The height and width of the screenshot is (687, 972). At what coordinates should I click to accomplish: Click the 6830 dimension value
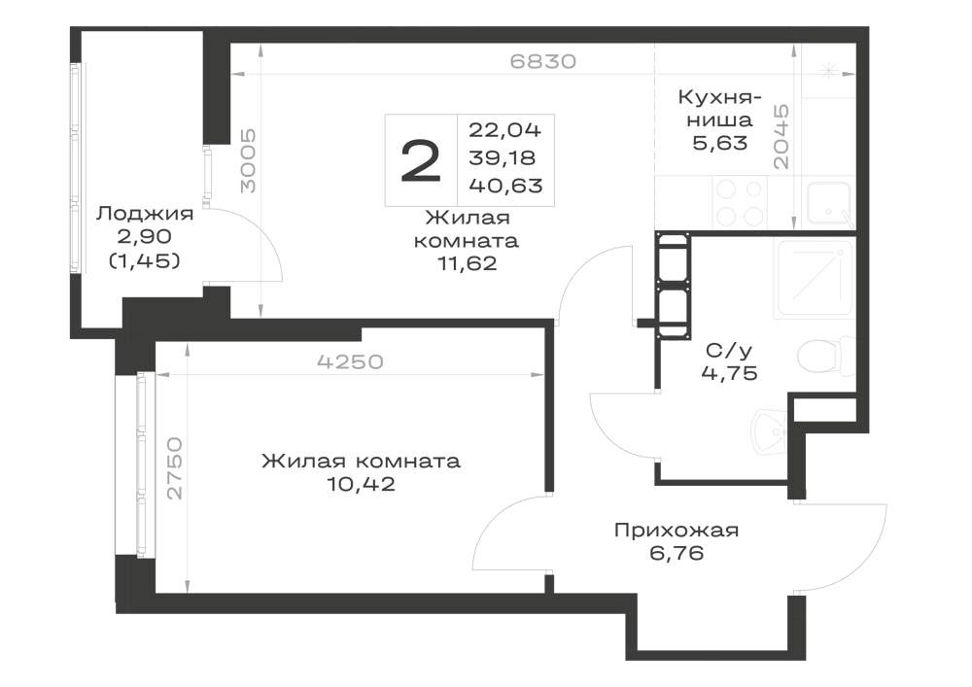(x=543, y=61)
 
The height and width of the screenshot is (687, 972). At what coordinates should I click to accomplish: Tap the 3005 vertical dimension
(x=248, y=160)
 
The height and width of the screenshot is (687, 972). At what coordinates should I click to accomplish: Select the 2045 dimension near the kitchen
(x=781, y=136)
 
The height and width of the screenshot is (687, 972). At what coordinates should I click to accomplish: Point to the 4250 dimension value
(x=350, y=361)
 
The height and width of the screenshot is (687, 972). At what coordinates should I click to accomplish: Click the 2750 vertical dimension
(x=175, y=467)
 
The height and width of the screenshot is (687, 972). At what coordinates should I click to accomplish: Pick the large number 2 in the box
(x=421, y=161)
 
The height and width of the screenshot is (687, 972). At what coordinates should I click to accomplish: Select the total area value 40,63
(x=505, y=185)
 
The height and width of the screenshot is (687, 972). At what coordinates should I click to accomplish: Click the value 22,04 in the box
(x=504, y=129)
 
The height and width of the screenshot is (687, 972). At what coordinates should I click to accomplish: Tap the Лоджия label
(x=145, y=214)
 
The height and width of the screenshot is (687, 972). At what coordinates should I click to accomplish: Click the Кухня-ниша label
(x=719, y=108)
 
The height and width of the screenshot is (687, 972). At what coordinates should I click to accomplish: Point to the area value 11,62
(x=468, y=264)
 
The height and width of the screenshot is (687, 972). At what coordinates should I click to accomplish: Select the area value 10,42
(x=361, y=484)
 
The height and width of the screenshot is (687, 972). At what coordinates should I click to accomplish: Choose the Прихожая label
(x=677, y=531)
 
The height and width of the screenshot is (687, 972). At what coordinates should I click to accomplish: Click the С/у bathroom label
(x=729, y=350)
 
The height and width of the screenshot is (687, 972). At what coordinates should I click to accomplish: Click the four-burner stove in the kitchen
(x=739, y=201)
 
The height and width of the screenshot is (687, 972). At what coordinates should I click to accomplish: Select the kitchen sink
(x=829, y=202)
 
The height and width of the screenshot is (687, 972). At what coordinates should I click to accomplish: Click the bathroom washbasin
(x=769, y=431)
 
